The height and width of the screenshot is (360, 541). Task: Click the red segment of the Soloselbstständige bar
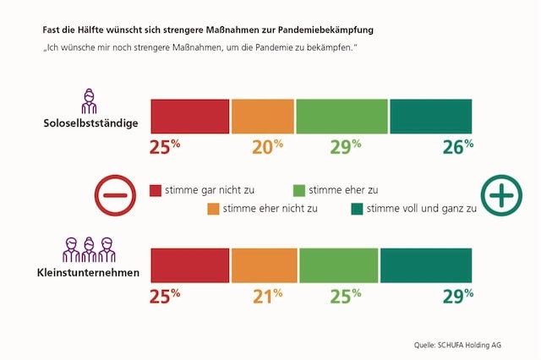(189, 116)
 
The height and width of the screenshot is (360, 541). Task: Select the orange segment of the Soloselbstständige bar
(262, 116)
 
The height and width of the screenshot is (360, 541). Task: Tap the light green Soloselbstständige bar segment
(342, 116)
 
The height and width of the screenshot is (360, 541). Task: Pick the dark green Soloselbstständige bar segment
(430, 116)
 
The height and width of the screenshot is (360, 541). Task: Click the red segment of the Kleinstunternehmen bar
(189, 265)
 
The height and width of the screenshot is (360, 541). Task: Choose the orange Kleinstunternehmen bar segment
(264, 265)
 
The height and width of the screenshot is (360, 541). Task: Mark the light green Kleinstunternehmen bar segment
(339, 265)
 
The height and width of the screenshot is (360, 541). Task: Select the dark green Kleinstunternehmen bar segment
(426, 265)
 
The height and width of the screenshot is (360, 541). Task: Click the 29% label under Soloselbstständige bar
(345, 146)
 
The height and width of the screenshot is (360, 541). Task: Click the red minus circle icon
(115, 195)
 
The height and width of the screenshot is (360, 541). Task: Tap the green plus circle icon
(501, 195)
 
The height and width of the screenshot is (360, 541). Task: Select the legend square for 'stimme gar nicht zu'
(156, 189)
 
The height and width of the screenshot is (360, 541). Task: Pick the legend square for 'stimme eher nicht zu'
(213, 208)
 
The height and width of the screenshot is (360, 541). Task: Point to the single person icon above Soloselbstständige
(89, 101)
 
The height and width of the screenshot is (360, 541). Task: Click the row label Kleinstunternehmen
(89, 273)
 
